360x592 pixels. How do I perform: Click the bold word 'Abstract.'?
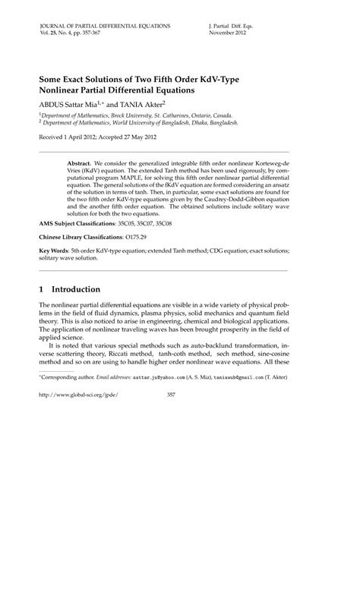(79, 163)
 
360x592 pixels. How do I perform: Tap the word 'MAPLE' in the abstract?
(134, 178)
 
